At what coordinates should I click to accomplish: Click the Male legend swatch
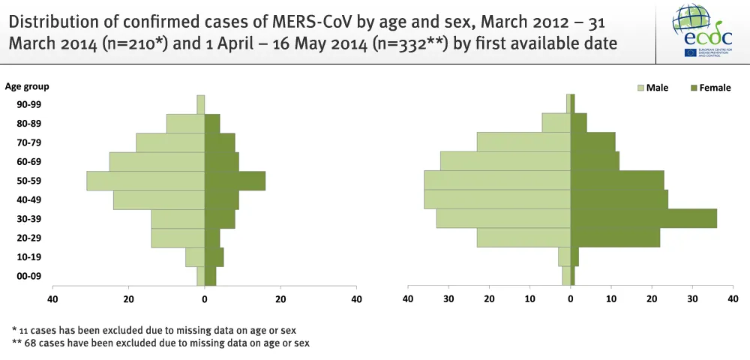641,88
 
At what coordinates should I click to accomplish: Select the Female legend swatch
694,88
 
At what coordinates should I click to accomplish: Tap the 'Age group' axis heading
27,87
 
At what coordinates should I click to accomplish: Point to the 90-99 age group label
29,104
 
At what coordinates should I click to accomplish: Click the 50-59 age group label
29,181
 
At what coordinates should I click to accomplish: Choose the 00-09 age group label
29,276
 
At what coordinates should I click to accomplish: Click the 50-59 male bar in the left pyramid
145,181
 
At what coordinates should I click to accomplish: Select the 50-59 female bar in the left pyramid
235,181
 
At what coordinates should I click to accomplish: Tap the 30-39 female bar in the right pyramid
643,218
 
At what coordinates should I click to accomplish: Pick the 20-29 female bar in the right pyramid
615,238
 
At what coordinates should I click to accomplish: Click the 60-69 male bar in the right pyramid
505,161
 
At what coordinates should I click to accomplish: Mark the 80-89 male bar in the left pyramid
185,123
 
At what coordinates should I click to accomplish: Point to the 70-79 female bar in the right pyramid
592,142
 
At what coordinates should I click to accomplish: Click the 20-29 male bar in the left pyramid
178,238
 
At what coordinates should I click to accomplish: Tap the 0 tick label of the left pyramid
205,300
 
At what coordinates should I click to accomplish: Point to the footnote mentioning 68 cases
160,343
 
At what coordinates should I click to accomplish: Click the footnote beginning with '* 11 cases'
159,330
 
